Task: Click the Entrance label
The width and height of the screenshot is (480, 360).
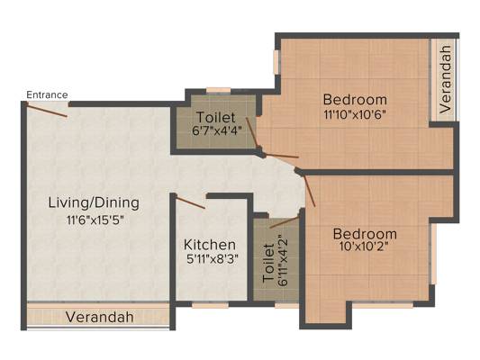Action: coord(47,94)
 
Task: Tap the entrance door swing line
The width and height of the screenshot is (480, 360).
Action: coord(47,110)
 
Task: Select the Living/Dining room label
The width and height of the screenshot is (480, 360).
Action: coord(94,203)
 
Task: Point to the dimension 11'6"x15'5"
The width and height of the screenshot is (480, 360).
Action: coord(95,220)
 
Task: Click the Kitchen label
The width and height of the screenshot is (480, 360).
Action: coord(210,245)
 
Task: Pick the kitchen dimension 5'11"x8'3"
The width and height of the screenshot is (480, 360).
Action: coord(212,259)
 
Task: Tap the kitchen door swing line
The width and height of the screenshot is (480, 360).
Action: coord(190,203)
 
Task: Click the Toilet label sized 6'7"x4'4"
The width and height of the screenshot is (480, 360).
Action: coord(215,118)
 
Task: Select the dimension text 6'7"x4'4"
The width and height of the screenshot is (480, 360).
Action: coord(217,130)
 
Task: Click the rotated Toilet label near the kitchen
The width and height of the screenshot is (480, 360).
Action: coord(268,263)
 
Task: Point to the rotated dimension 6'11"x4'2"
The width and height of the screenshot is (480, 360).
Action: coord(283,261)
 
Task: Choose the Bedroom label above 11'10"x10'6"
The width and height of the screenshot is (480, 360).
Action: coord(355,100)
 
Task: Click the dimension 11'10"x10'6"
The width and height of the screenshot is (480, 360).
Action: coord(354,114)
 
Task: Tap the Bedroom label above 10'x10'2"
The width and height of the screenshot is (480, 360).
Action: coord(365,234)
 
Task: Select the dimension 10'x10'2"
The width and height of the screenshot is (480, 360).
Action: coord(364,246)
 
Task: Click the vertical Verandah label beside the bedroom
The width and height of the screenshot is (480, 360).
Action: coord(446,79)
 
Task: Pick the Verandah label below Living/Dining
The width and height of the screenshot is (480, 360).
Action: coord(100,317)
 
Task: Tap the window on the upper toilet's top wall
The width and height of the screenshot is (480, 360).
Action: coord(218,91)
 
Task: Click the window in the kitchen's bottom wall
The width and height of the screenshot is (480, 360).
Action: coord(210,304)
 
